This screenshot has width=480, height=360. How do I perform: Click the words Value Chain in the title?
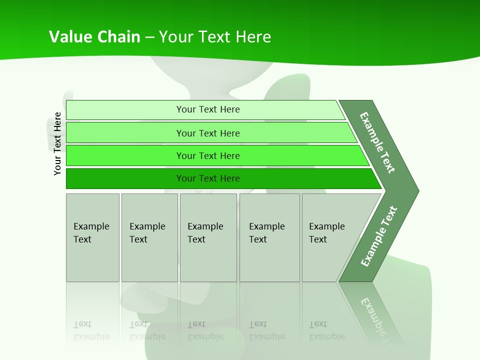[x=94, y=37]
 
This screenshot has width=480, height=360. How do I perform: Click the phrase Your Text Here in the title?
[x=215, y=37]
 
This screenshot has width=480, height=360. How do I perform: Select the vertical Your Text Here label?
[x=57, y=143]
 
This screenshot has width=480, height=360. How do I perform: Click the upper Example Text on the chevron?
[x=377, y=142]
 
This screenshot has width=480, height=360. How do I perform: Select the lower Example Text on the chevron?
[x=379, y=236]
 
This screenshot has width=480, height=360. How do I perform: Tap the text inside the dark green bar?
[x=208, y=178]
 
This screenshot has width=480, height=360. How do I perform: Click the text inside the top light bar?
[x=208, y=109]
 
